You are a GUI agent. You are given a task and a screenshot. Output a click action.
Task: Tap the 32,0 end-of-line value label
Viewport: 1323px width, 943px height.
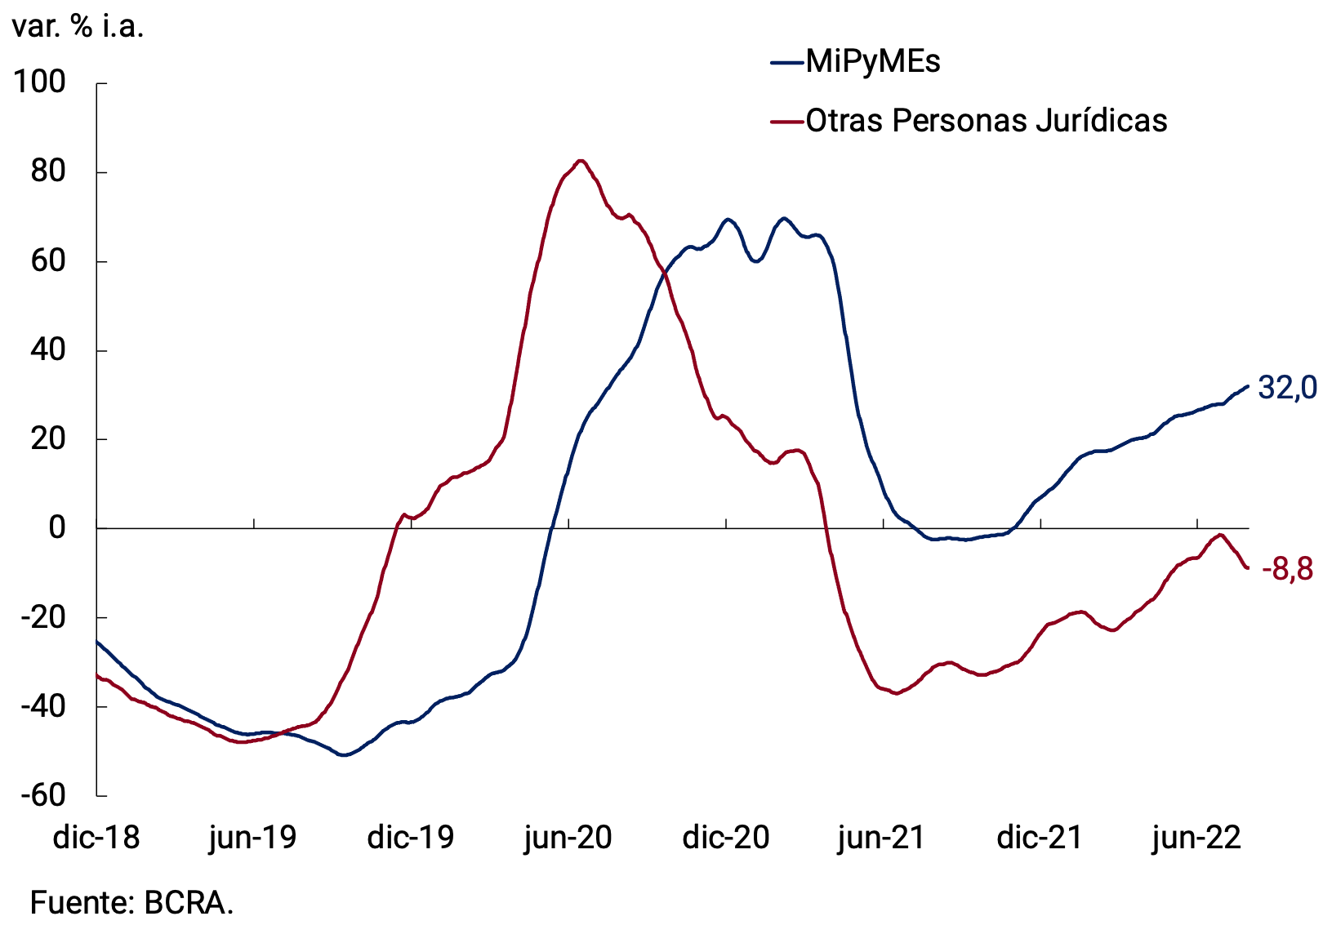[1287, 388]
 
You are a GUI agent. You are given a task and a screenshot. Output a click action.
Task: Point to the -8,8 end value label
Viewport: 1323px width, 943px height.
[1287, 568]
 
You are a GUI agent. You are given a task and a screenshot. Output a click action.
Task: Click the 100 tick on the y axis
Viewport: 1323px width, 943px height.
[39, 82]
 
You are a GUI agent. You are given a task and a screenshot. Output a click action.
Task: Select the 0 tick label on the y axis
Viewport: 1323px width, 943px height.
[56, 528]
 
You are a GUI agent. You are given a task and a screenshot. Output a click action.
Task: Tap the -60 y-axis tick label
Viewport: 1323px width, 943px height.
[42, 795]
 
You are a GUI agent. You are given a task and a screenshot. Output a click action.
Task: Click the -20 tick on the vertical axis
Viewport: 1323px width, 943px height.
[42, 617]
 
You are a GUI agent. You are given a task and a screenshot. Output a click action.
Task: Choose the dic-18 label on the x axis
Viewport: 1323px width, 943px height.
[96, 838]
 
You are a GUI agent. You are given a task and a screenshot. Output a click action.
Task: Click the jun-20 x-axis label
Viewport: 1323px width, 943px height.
[568, 838]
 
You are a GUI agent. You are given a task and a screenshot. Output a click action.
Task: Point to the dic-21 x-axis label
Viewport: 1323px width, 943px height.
[1040, 838]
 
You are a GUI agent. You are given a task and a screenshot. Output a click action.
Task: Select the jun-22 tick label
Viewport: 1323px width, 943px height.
[1196, 838]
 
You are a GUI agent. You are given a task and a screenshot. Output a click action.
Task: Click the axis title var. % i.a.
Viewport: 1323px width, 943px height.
[78, 27]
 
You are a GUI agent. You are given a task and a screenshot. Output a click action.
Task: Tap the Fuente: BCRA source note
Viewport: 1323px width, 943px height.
[131, 903]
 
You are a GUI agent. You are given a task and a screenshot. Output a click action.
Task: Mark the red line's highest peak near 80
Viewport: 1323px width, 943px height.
[581, 161]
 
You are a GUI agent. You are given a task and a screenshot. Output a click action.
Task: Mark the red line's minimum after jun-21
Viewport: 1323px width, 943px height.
[897, 693]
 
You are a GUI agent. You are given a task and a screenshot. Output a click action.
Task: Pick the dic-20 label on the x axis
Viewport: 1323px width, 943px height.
[726, 838]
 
